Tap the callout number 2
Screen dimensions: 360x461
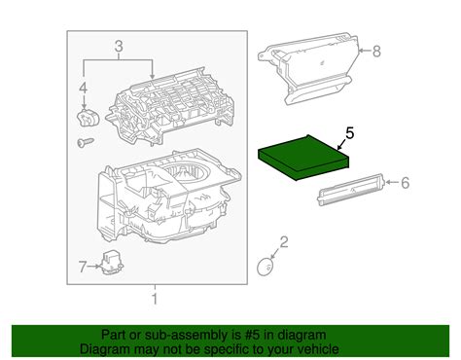(284, 241)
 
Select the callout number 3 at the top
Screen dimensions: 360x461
(119, 46)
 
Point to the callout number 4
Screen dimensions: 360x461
(82, 91)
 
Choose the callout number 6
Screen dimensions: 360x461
(407, 181)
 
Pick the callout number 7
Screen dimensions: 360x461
(82, 264)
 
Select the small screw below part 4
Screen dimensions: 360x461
(82, 142)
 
